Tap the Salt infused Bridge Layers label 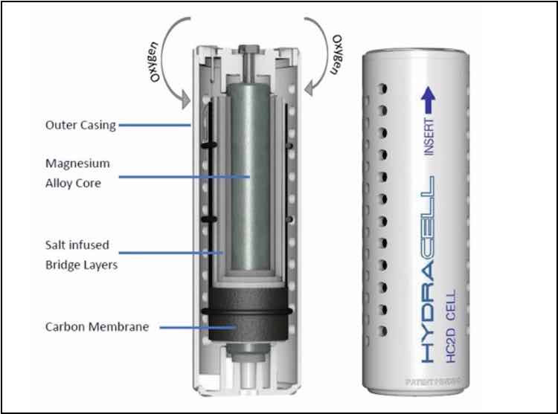[x=76, y=255]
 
